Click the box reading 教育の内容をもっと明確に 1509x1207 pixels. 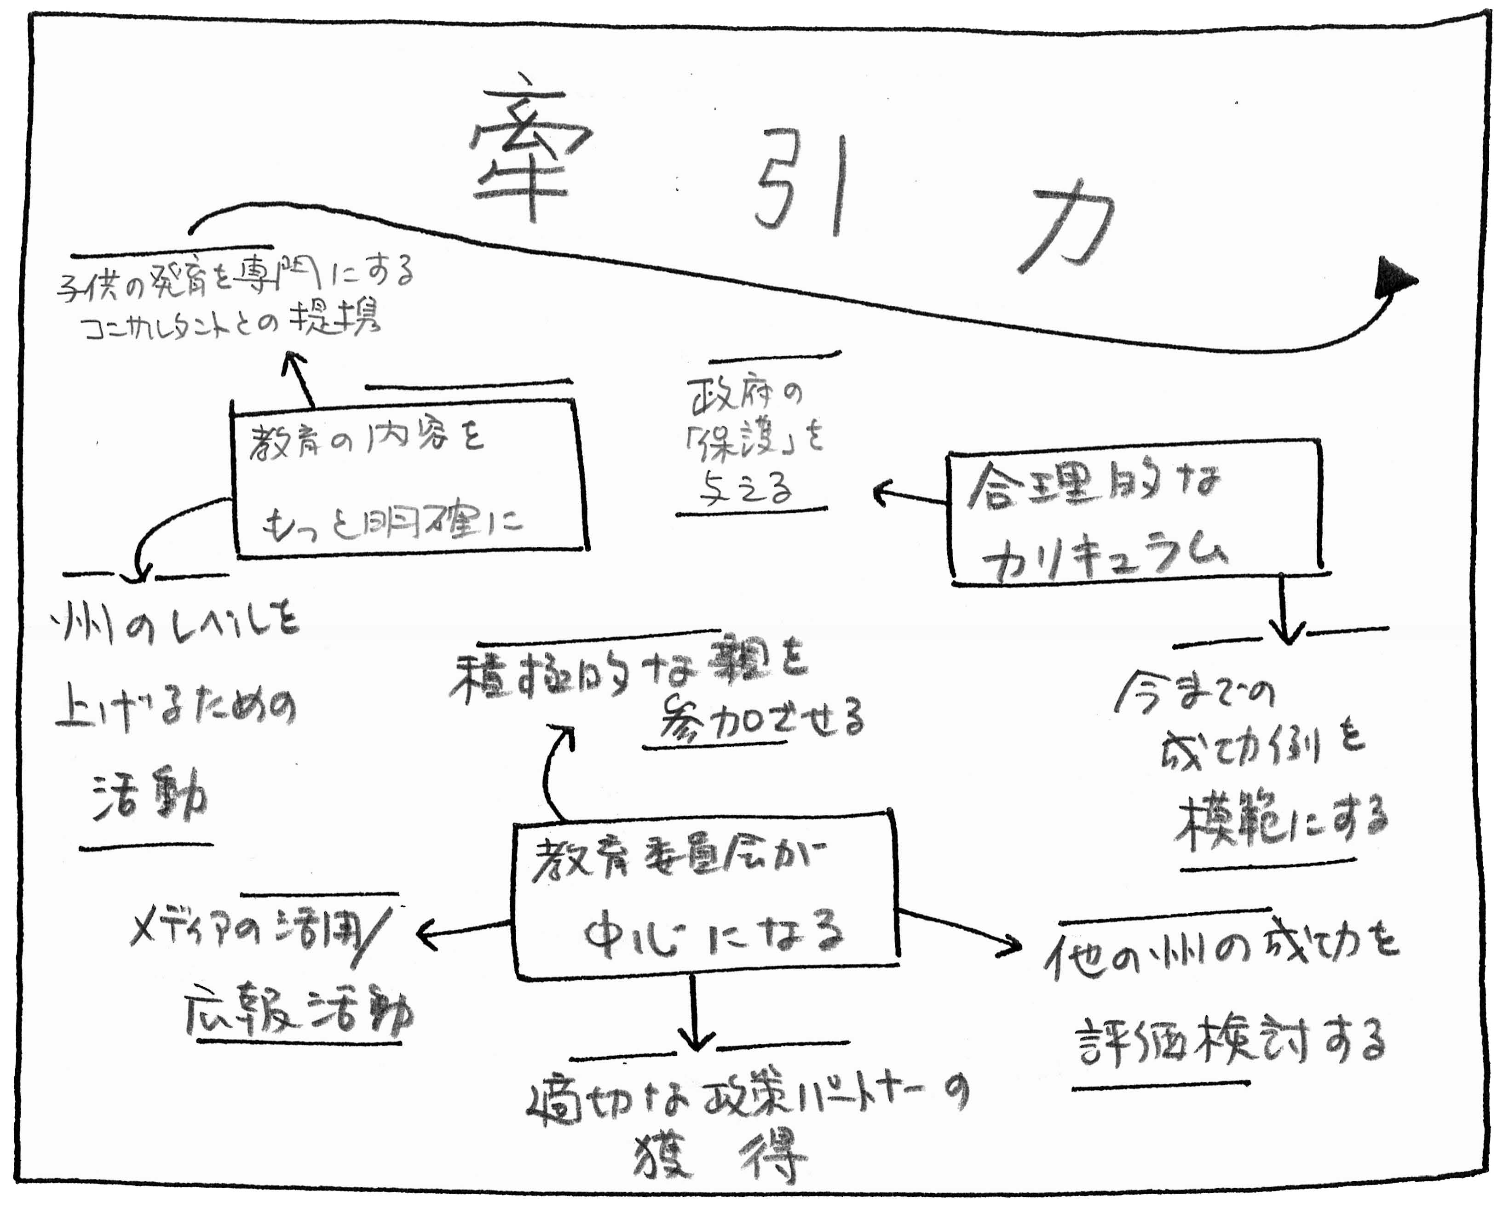coord(409,479)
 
